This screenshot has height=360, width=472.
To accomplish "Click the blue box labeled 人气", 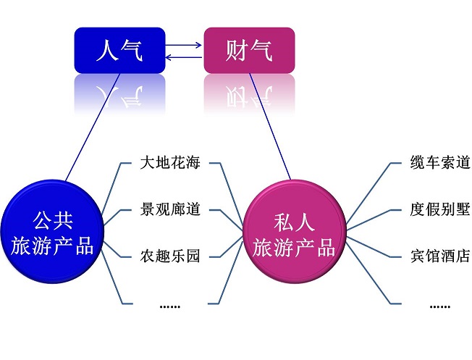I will pos(119,50).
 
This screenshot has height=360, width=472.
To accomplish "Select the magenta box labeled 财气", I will pos(249,50).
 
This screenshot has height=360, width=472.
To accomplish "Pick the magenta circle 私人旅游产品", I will pos(293,233).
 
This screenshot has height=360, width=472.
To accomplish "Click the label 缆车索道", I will pos(439,162).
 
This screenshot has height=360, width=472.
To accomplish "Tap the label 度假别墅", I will pos(439,209).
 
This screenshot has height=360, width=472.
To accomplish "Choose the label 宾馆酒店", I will pos(439,256).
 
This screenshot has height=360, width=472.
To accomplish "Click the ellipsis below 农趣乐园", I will pos(169,305).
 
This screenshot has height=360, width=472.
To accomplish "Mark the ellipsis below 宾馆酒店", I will pos(439,305).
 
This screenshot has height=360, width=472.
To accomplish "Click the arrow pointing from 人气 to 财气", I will pos(185,46).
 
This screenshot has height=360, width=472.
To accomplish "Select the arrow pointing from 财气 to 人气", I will pos(185,56).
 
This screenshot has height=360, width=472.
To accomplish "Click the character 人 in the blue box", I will pos(106,50).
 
